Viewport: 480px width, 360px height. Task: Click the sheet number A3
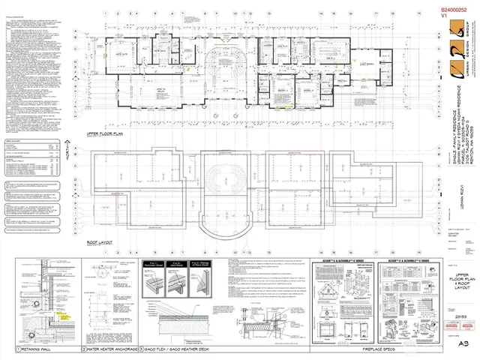click(464, 343)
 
